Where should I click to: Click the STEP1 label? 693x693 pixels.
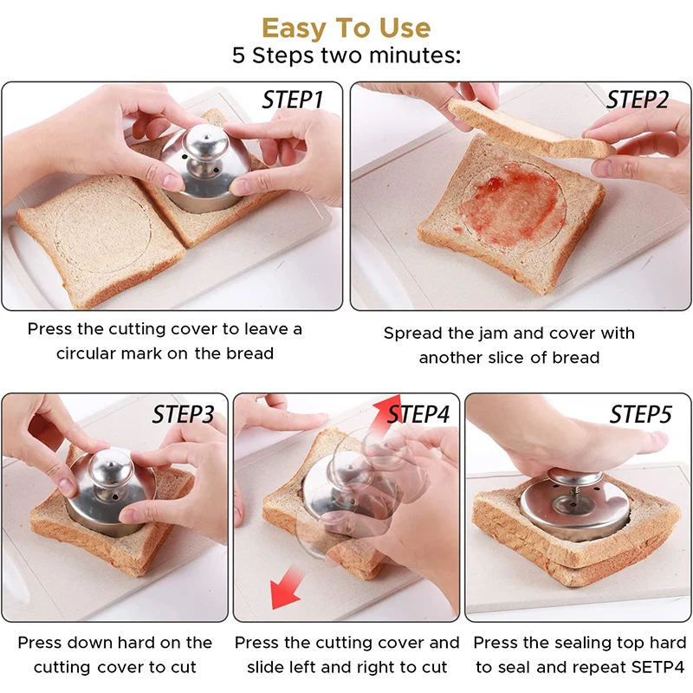(292, 100)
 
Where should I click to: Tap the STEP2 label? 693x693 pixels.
(638, 100)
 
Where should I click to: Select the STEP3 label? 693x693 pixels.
(183, 414)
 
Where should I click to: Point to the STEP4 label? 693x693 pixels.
(418, 414)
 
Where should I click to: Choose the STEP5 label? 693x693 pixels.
(640, 414)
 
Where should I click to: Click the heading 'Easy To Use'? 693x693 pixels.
(346, 28)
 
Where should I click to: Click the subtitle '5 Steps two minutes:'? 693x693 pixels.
(346, 55)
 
